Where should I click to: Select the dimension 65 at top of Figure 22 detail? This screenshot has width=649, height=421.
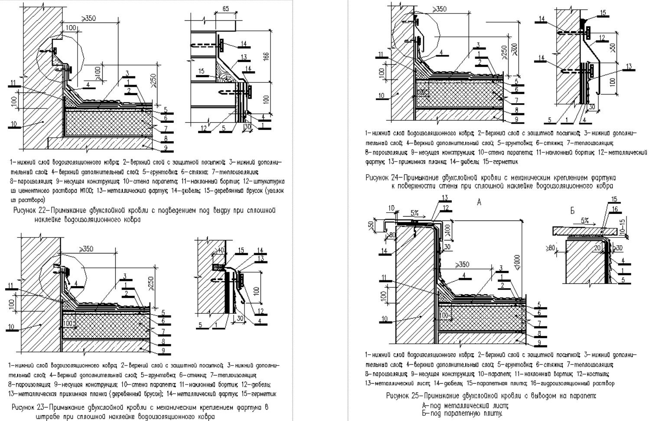(x=225, y=9)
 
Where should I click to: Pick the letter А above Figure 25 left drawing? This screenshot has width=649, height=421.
(x=479, y=202)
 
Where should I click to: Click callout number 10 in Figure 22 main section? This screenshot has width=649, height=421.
(x=14, y=124)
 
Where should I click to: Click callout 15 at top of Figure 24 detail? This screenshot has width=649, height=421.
(x=603, y=13)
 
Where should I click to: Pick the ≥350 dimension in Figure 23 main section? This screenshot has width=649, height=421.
(x=87, y=249)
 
